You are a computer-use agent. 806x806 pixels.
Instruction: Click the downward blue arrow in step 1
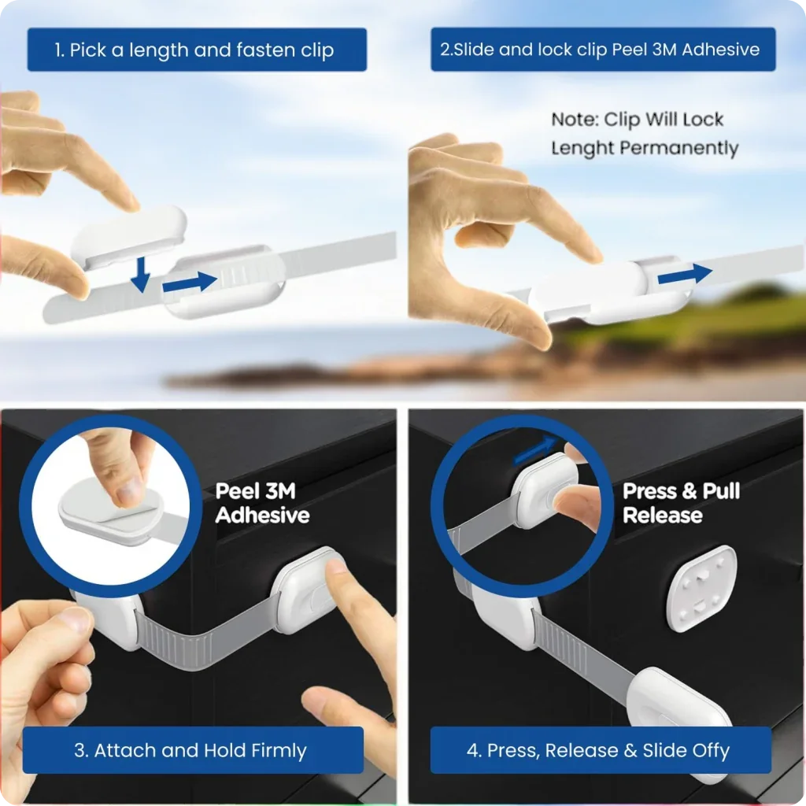coord(140,275)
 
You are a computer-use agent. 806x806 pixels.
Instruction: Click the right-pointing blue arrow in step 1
coord(190,283)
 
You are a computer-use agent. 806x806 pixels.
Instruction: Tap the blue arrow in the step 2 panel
coord(685,275)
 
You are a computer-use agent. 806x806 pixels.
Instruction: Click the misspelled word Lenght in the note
coord(582,149)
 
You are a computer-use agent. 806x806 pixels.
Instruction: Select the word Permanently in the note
coord(679,149)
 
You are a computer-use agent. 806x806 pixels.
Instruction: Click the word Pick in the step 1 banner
coord(88,50)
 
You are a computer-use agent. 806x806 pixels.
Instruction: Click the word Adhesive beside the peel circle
coord(262,515)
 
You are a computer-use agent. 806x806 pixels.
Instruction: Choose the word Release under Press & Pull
coord(662,515)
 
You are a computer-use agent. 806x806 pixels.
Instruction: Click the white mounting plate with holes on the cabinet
coord(701,588)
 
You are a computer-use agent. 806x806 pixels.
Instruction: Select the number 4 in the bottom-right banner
coord(472,751)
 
